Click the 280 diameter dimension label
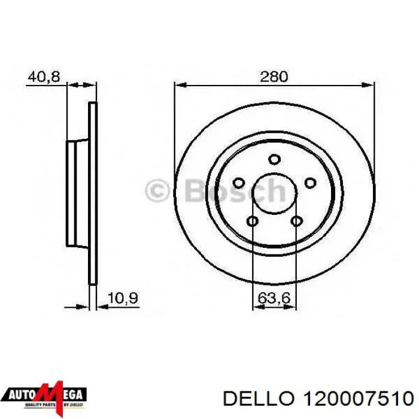click(274, 77)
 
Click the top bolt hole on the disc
click(274, 159)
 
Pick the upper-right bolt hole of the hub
click(310, 183)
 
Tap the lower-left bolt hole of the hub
click(252, 222)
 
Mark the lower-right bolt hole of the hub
click(296, 222)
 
